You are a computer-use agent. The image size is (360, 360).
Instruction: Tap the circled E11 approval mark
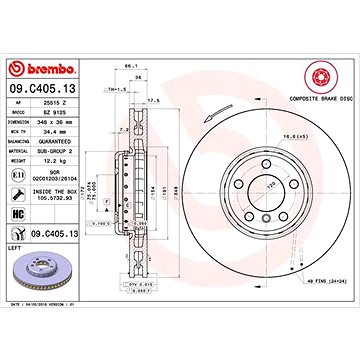(16, 175)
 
